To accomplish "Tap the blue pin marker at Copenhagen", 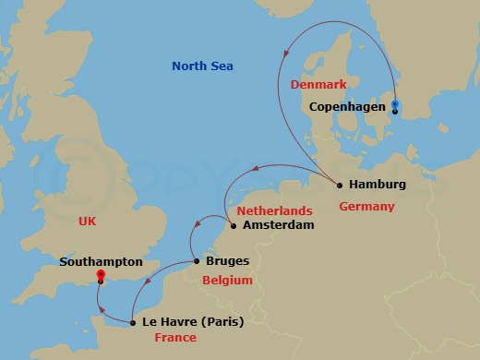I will tap(395, 104).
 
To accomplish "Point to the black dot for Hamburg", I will tap(340, 185).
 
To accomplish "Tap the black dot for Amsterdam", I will tap(233, 225).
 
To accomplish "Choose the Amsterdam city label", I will tap(277, 225).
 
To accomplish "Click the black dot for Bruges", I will tap(196, 261).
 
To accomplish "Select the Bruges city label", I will tap(227, 261).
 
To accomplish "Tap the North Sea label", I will tap(202, 66).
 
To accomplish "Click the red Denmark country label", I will tap(317, 84).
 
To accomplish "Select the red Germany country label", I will tap(366, 206).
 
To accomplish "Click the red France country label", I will tap(175, 339).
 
